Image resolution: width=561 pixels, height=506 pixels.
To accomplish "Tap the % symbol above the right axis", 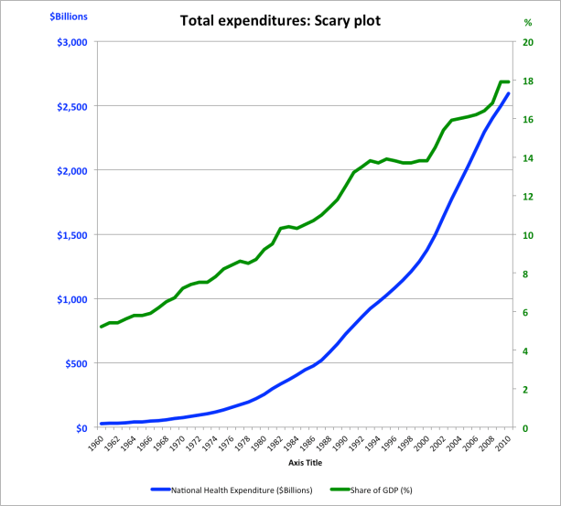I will tap(527, 22).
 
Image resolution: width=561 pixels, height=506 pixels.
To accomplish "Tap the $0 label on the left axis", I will tap(78, 427).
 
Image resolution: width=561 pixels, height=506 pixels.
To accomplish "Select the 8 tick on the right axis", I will tap(524, 274).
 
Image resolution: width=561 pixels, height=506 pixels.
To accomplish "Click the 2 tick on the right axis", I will tap(524, 389).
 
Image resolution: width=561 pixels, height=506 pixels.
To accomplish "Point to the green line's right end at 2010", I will tap(508, 81).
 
